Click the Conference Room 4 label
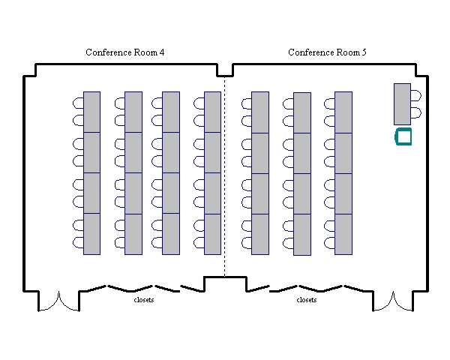(x=125, y=52)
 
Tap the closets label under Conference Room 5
(x=307, y=300)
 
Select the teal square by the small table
(x=403, y=136)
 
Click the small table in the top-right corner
(x=402, y=104)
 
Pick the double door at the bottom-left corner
(x=58, y=300)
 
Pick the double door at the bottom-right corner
(x=392, y=300)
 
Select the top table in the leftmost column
(x=91, y=112)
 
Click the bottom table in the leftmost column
(x=91, y=233)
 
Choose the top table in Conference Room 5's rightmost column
(x=343, y=112)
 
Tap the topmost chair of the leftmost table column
(x=78, y=103)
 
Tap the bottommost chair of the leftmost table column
(x=78, y=242)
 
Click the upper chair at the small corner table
(x=415, y=96)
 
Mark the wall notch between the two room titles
(x=224, y=70)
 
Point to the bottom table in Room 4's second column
(x=133, y=233)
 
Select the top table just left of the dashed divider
(x=212, y=112)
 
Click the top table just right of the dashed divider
(x=260, y=112)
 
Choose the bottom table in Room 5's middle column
(x=301, y=233)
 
